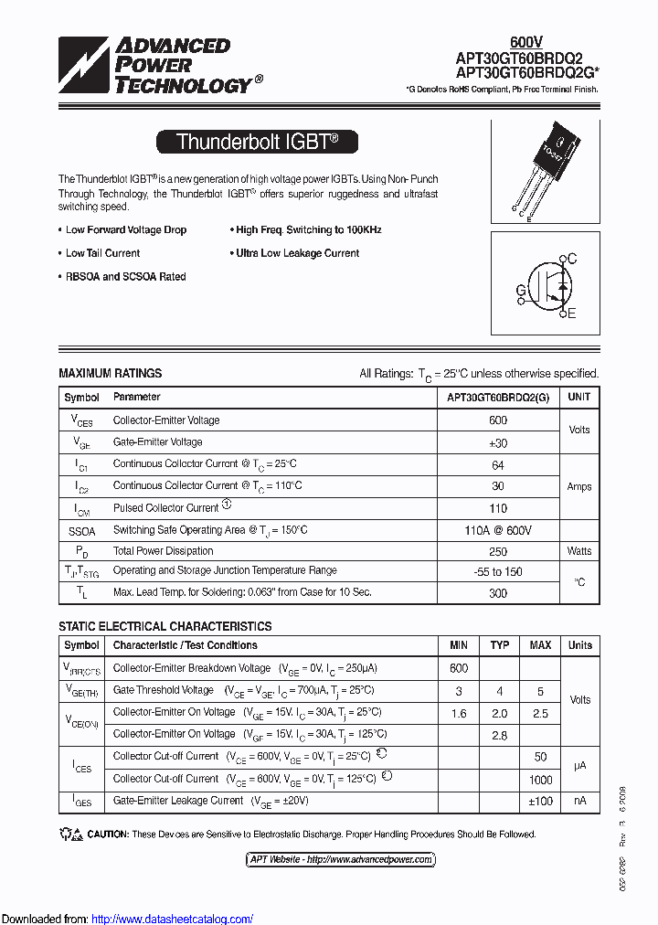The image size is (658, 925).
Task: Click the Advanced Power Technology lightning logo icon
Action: [84, 65]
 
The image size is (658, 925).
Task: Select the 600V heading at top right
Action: [525, 42]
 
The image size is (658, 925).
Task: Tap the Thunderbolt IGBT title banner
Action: [257, 142]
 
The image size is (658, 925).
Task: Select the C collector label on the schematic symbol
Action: [572, 260]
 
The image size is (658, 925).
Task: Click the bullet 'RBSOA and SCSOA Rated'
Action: [125, 277]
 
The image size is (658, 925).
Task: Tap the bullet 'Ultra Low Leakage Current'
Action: [297, 253]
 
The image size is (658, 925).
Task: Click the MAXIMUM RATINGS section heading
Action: [110, 373]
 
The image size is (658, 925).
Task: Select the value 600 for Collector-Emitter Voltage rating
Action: [498, 420]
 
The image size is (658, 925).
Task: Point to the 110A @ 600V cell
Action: [498, 530]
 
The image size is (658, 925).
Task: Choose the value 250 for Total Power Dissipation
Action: [498, 551]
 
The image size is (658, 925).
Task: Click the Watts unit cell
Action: [579, 551]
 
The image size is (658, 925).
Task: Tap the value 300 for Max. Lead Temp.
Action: [498, 593]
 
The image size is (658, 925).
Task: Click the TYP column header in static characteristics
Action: [500, 645]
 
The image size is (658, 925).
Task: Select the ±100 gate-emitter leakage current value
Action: [540, 801]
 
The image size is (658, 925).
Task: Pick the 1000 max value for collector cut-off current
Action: [540, 780]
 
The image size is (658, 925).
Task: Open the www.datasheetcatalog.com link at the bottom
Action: [173, 919]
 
